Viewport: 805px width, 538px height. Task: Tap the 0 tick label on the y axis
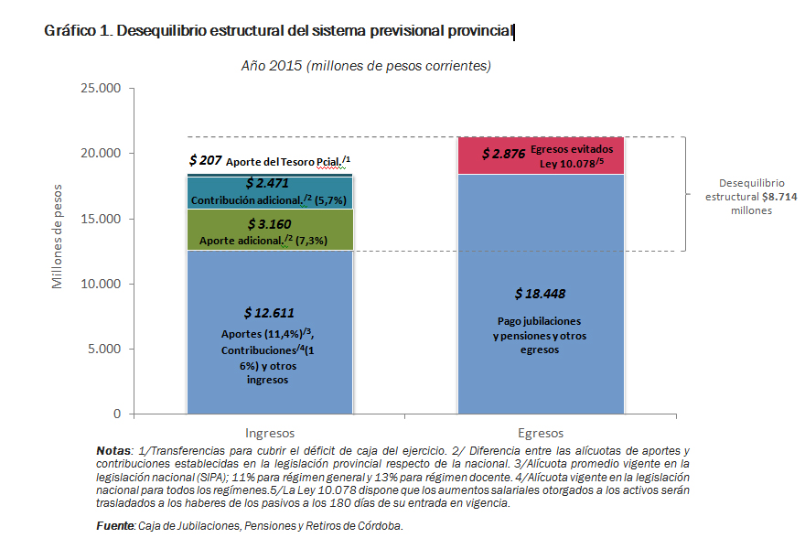pyautogui.click(x=117, y=414)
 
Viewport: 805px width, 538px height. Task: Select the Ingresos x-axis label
pyautogui.click(x=270, y=433)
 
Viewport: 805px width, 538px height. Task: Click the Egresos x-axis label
pyautogui.click(x=540, y=433)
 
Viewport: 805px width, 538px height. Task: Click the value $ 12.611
pyautogui.click(x=269, y=312)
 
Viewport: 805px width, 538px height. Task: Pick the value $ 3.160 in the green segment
pyautogui.click(x=269, y=223)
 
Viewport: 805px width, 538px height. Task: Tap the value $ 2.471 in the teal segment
pyautogui.click(x=269, y=184)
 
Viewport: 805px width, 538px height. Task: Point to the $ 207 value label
pyautogui.click(x=205, y=161)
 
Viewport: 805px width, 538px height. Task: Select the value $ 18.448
pyautogui.click(x=540, y=295)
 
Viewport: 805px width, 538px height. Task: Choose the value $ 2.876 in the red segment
pyautogui.click(x=503, y=154)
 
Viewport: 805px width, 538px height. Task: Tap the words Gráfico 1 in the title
pyautogui.click(x=75, y=31)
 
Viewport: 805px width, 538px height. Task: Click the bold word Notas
pyautogui.click(x=113, y=451)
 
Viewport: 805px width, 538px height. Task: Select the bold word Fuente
pyautogui.click(x=114, y=525)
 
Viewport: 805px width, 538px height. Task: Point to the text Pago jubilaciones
pyautogui.click(x=540, y=322)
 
